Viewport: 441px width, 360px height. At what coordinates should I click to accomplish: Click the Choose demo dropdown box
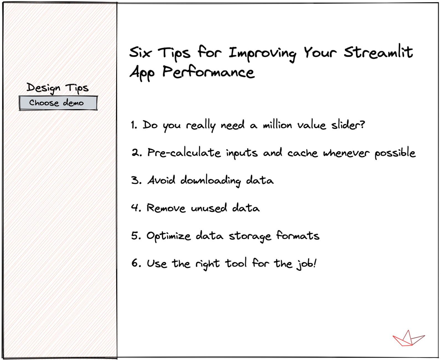click(x=58, y=103)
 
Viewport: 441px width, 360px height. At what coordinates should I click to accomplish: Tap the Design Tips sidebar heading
click(x=58, y=88)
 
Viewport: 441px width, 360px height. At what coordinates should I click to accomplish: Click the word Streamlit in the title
click(x=378, y=52)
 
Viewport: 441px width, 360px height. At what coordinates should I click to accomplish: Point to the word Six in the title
click(x=141, y=52)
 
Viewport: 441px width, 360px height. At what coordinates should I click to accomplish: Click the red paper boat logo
click(x=408, y=338)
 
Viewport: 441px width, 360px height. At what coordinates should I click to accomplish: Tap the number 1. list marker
click(x=134, y=125)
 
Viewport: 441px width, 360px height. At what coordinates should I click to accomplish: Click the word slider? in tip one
click(x=348, y=125)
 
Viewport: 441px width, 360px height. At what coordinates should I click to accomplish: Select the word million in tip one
click(x=277, y=125)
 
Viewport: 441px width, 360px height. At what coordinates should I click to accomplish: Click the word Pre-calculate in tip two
click(x=184, y=153)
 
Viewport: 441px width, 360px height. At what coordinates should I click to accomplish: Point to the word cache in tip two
click(x=302, y=153)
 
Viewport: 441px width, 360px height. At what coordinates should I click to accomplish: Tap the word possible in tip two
click(x=395, y=153)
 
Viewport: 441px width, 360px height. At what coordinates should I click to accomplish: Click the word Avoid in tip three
click(x=161, y=180)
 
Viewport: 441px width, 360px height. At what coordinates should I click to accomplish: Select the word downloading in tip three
click(x=210, y=181)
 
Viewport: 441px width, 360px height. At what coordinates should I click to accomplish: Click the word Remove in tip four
click(x=166, y=208)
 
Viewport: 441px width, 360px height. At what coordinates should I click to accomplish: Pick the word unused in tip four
click(x=209, y=208)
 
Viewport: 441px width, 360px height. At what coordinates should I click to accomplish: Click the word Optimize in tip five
click(x=168, y=236)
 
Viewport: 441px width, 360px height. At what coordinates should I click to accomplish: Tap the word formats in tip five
click(x=298, y=236)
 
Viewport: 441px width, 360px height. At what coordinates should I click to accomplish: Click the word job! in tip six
click(x=307, y=264)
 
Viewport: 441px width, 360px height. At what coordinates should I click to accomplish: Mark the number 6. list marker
click(x=136, y=263)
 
